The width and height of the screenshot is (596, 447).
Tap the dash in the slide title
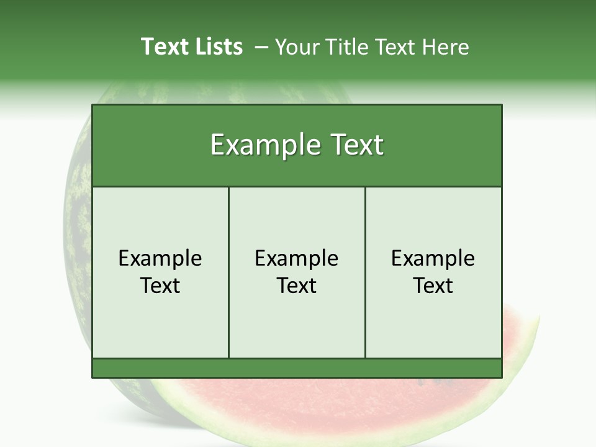[261, 47]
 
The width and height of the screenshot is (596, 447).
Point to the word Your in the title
[296, 47]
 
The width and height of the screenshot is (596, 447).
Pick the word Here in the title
[445, 47]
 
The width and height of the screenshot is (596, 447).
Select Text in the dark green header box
[356, 145]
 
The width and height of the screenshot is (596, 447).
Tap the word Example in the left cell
[160, 258]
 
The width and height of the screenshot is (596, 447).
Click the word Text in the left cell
[160, 286]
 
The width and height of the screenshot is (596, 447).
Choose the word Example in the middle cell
[297, 258]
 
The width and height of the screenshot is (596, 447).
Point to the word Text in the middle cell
[297, 286]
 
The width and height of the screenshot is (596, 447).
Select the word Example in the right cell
[433, 258]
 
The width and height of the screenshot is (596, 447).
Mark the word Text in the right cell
[433, 286]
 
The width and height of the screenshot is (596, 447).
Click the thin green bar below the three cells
[297, 368]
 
